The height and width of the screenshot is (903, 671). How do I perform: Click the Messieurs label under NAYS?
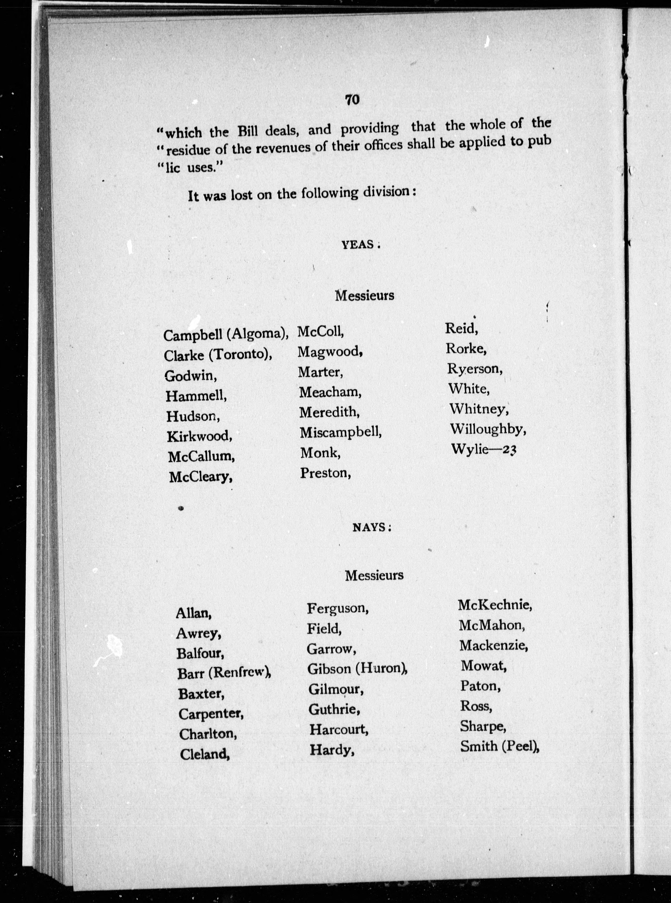coord(374,575)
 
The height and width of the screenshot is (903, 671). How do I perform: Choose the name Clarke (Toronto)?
coord(218,355)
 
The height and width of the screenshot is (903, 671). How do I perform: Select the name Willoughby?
coord(488,429)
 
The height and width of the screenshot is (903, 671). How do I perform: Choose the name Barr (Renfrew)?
coord(224,673)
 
